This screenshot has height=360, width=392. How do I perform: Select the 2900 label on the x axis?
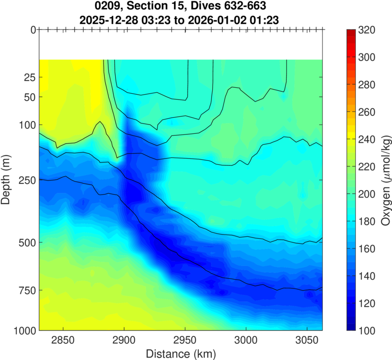124,339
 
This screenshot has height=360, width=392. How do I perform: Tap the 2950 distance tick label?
185,339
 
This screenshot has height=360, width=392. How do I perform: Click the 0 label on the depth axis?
32,30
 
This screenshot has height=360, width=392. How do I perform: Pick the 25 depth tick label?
29,77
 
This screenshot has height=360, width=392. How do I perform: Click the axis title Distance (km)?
181,352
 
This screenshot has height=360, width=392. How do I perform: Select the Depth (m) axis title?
8,180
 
